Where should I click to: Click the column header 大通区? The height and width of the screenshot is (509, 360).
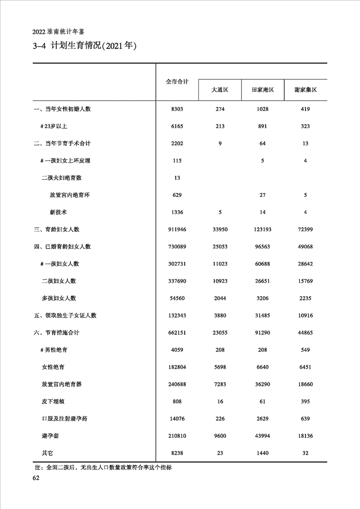pyautogui.click(x=220, y=90)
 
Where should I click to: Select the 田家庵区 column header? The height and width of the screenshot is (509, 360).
pyautogui.click(x=263, y=90)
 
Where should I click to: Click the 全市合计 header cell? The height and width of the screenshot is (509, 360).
pyautogui.click(x=177, y=82)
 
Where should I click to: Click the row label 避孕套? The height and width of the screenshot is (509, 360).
pyautogui.click(x=50, y=436)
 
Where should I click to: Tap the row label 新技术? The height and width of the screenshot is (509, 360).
pyautogui.click(x=59, y=212)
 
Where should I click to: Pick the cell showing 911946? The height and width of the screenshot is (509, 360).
pyautogui.click(x=177, y=230)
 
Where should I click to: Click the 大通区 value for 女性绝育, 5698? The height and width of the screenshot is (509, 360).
pyautogui.click(x=220, y=367)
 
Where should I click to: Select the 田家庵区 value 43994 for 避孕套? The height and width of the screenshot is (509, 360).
pyautogui.click(x=263, y=436)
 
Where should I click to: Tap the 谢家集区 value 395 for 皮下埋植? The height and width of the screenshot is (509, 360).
pyautogui.click(x=305, y=401)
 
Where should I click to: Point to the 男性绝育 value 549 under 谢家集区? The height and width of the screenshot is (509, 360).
pyautogui.click(x=305, y=350)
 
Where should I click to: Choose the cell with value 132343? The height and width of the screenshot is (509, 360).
pyautogui.click(x=177, y=316)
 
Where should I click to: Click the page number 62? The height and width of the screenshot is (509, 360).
pyautogui.click(x=36, y=478)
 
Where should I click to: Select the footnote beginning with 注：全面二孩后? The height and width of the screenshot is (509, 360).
pyautogui.click(x=103, y=467)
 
